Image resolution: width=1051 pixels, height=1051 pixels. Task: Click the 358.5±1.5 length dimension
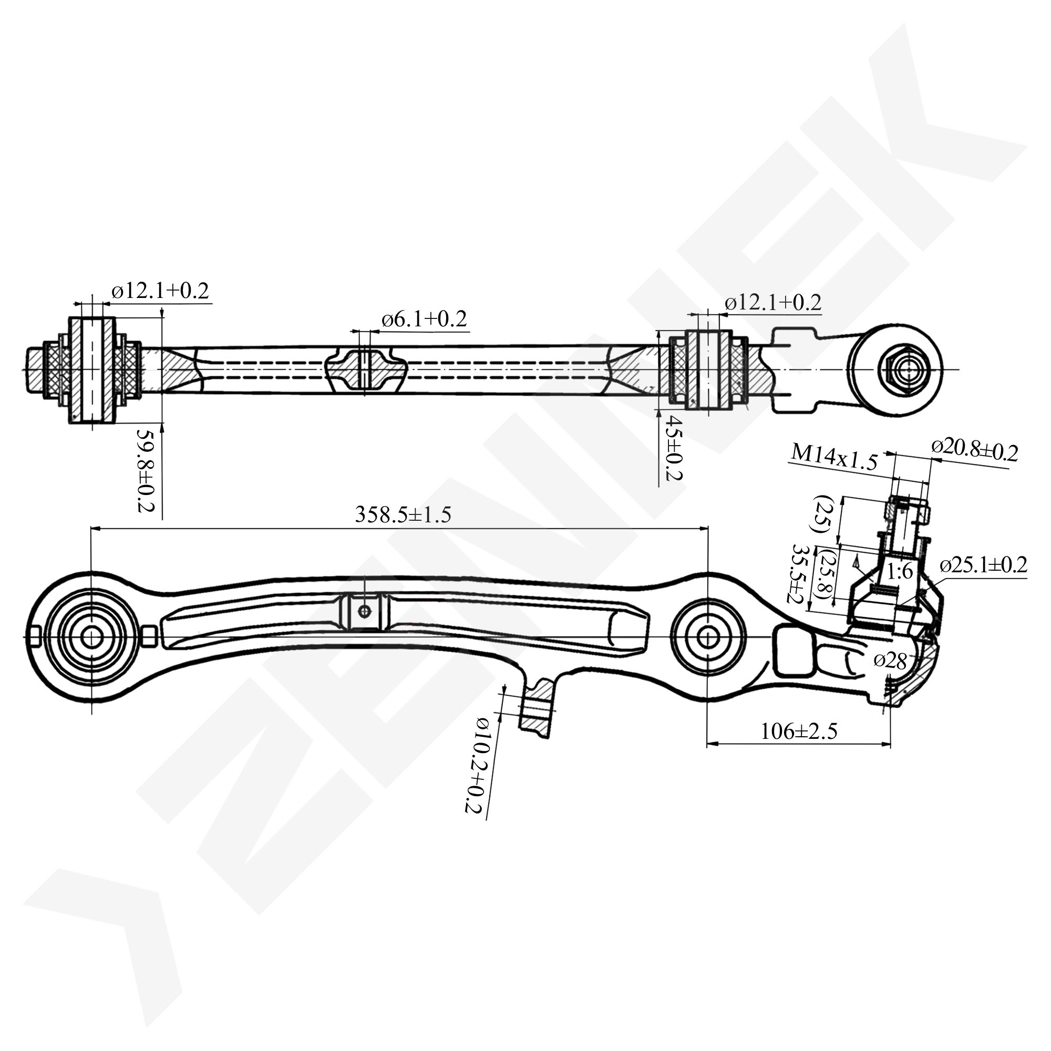pos(403,514)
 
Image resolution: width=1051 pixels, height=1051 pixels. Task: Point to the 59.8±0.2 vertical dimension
pos(146,470)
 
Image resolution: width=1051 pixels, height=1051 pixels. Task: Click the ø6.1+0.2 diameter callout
pos(424,320)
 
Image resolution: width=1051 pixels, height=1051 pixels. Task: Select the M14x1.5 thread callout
pos(834,458)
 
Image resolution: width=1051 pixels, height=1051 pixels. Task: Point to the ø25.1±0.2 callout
pos(984,565)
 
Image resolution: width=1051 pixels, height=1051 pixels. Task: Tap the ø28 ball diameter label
pos(891,661)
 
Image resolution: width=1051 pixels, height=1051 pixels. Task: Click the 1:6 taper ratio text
pos(900,572)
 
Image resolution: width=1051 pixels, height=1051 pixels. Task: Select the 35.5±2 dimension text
pos(800,573)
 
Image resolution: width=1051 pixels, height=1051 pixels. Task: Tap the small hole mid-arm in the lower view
pos(365,612)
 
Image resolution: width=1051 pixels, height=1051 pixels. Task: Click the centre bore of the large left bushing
pos(91,636)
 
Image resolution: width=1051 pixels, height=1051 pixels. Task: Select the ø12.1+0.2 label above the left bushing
pos(160,291)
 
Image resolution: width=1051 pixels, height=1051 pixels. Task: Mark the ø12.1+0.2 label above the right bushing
pos(772,303)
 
